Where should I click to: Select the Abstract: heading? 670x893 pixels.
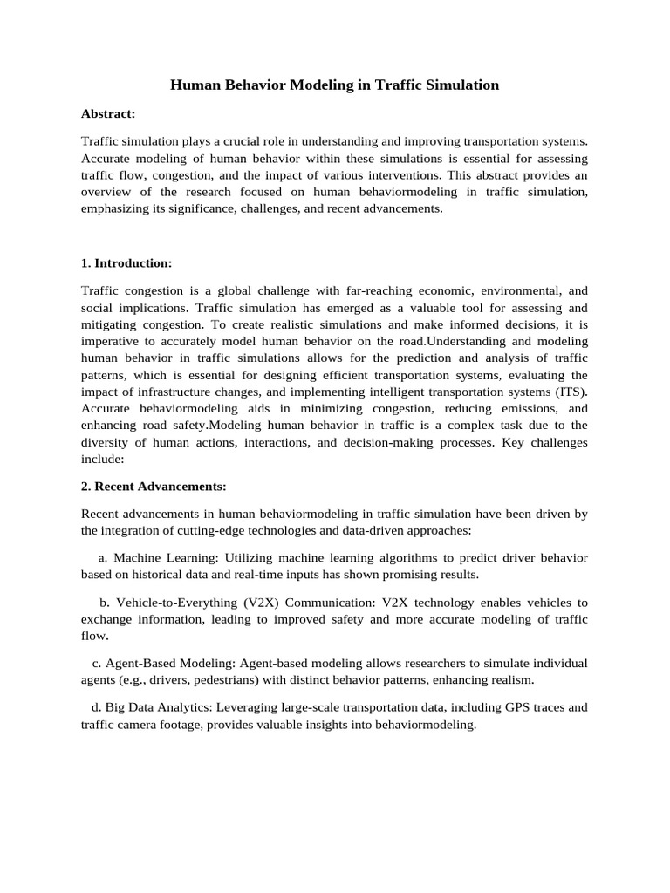coord(108,113)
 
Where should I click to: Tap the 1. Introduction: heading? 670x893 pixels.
coord(126,262)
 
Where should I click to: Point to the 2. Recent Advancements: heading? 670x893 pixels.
coord(154,486)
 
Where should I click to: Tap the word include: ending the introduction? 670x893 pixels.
coord(102,458)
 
